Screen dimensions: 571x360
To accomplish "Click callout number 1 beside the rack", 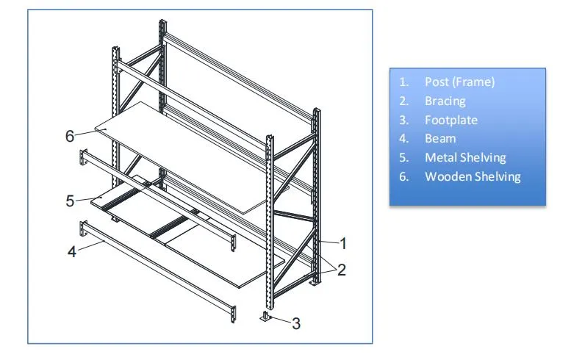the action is pos(343,243).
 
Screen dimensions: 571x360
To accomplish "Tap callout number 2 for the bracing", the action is pos(341,270).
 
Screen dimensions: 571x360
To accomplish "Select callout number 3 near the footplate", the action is pos(296,323).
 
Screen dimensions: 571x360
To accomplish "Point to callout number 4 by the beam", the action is pos(72,251).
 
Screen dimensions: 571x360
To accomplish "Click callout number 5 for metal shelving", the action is pos(70,201).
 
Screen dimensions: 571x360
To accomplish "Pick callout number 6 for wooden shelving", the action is pos(70,136).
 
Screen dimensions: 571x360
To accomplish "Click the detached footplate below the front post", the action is pos(267,317).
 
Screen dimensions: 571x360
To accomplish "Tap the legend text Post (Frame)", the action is pos(459,82).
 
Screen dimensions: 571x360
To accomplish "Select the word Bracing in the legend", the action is pos(445,101).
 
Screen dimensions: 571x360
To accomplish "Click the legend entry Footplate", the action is pos(451,120).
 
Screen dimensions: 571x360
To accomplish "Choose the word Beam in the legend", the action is pos(440,139).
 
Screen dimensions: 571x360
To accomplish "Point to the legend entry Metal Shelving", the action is pos(465,158).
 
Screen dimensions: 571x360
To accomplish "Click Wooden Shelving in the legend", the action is pos(473,176).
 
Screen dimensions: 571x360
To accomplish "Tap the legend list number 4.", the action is pos(403,139).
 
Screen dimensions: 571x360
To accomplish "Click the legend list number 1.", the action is pos(403,82).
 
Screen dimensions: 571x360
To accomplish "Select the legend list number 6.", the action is pos(403,176).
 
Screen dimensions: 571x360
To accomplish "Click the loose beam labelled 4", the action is pos(157,271).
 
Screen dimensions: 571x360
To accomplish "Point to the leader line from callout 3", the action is pos(281,320).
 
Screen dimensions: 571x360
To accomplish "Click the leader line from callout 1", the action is pos(328,242).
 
